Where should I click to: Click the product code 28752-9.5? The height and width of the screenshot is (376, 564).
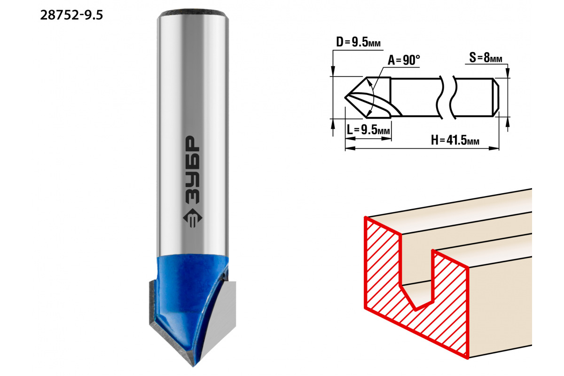(x=71, y=16)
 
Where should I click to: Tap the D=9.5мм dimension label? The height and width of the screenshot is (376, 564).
(x=358, y=42)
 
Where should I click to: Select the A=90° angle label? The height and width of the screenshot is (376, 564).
(x=404, y=60)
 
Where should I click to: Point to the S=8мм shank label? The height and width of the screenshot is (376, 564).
(x=486, y=58)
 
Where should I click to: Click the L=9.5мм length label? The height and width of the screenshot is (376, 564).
(x=368, y=130)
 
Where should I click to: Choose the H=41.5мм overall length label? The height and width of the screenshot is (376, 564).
(x=455, y=140)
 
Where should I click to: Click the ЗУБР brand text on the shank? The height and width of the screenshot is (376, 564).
(x=192, y=170)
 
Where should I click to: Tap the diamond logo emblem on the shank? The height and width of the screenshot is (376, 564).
(x=192, y=218)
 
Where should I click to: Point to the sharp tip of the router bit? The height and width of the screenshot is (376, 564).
(x=193, y=366)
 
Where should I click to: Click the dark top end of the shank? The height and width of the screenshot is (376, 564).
(x=193, y=13)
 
